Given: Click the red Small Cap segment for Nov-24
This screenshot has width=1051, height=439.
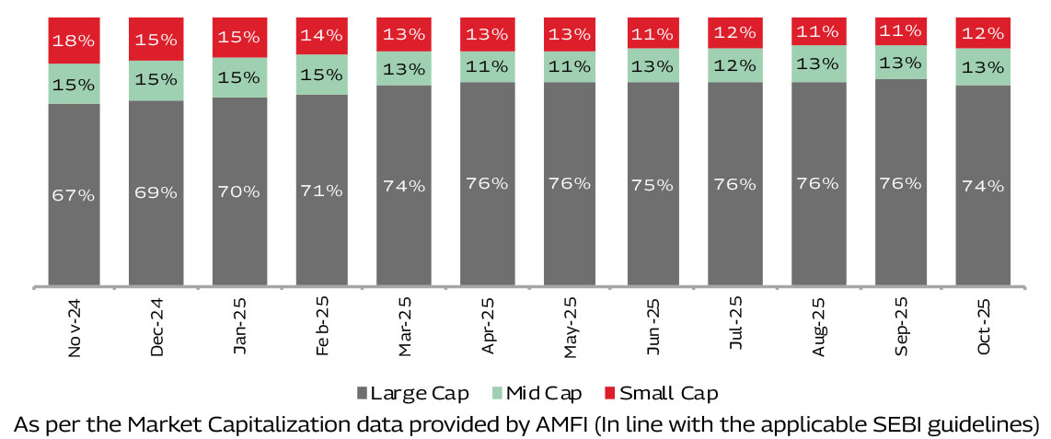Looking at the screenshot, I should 74,40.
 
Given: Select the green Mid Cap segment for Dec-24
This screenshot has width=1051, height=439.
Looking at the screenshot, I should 156,80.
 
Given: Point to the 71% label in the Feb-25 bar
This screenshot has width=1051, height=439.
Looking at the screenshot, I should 321,191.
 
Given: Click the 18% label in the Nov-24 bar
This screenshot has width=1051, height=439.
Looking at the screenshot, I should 74,41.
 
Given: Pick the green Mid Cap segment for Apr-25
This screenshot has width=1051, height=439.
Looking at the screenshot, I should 487,67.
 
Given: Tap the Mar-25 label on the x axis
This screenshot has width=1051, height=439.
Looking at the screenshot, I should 405,327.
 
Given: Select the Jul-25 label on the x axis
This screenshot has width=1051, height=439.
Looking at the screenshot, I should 736,327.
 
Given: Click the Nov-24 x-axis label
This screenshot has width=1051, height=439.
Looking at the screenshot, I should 74,328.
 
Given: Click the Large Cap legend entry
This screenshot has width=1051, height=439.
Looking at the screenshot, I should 411,394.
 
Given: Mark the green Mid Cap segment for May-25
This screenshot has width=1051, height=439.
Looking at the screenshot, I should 570,67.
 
